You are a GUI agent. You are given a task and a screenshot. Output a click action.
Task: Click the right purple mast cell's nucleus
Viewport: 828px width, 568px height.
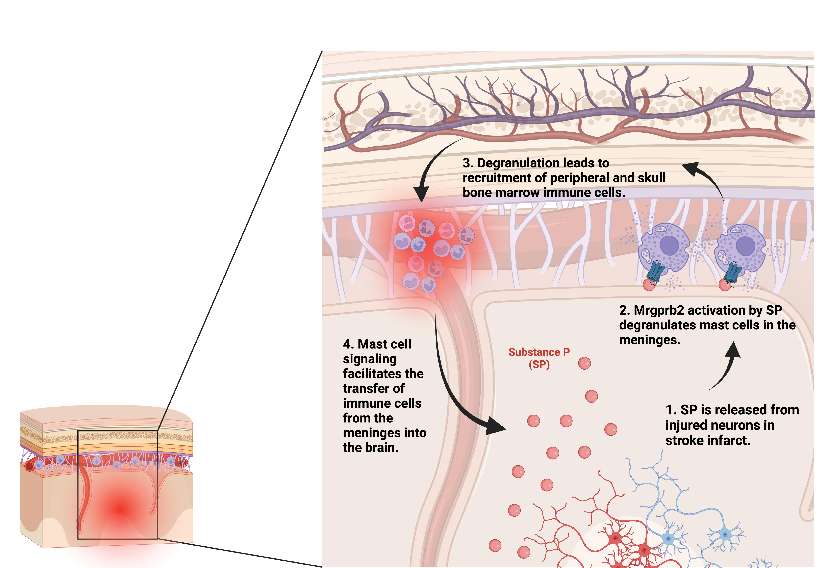745,246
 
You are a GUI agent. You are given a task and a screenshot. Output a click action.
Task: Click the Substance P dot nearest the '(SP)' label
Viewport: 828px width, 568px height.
584,363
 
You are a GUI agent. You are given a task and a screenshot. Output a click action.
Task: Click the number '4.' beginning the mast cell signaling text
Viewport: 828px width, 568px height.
348,344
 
